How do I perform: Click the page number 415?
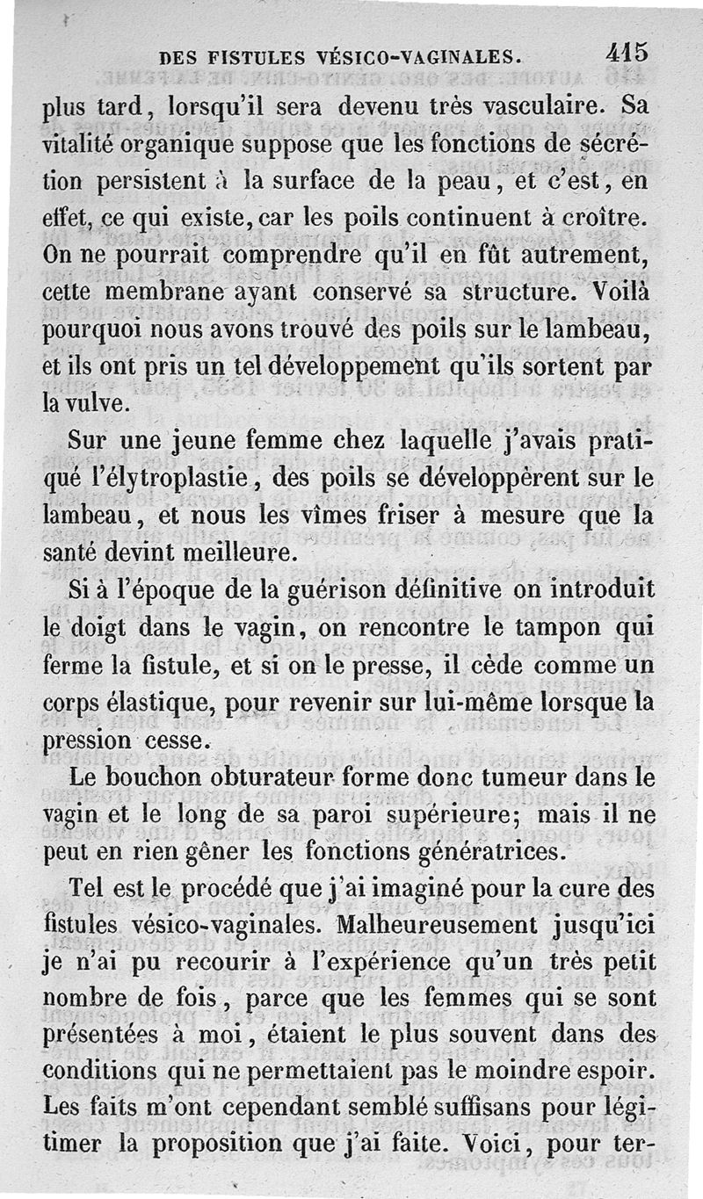(627, 52)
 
